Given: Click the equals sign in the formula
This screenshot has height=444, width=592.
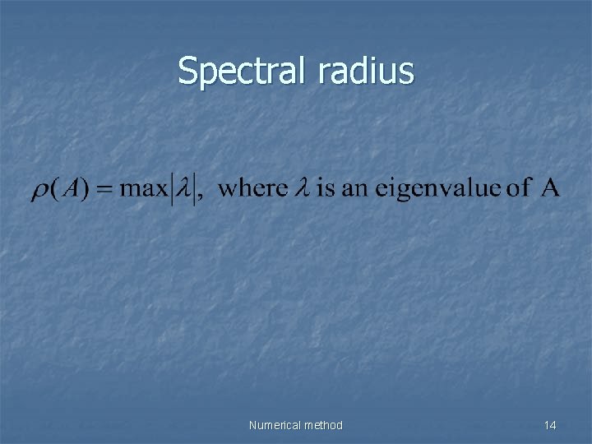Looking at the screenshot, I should click(104, 188).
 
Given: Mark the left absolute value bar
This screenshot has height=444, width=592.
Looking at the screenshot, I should click(171, 188).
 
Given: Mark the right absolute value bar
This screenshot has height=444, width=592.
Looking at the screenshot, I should click(195, 188).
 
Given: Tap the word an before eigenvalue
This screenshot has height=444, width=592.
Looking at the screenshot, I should click(354, 188).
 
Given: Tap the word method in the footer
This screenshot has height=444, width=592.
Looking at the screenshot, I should click(324, 425).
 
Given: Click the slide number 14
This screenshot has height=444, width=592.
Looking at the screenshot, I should click(550, 425).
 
